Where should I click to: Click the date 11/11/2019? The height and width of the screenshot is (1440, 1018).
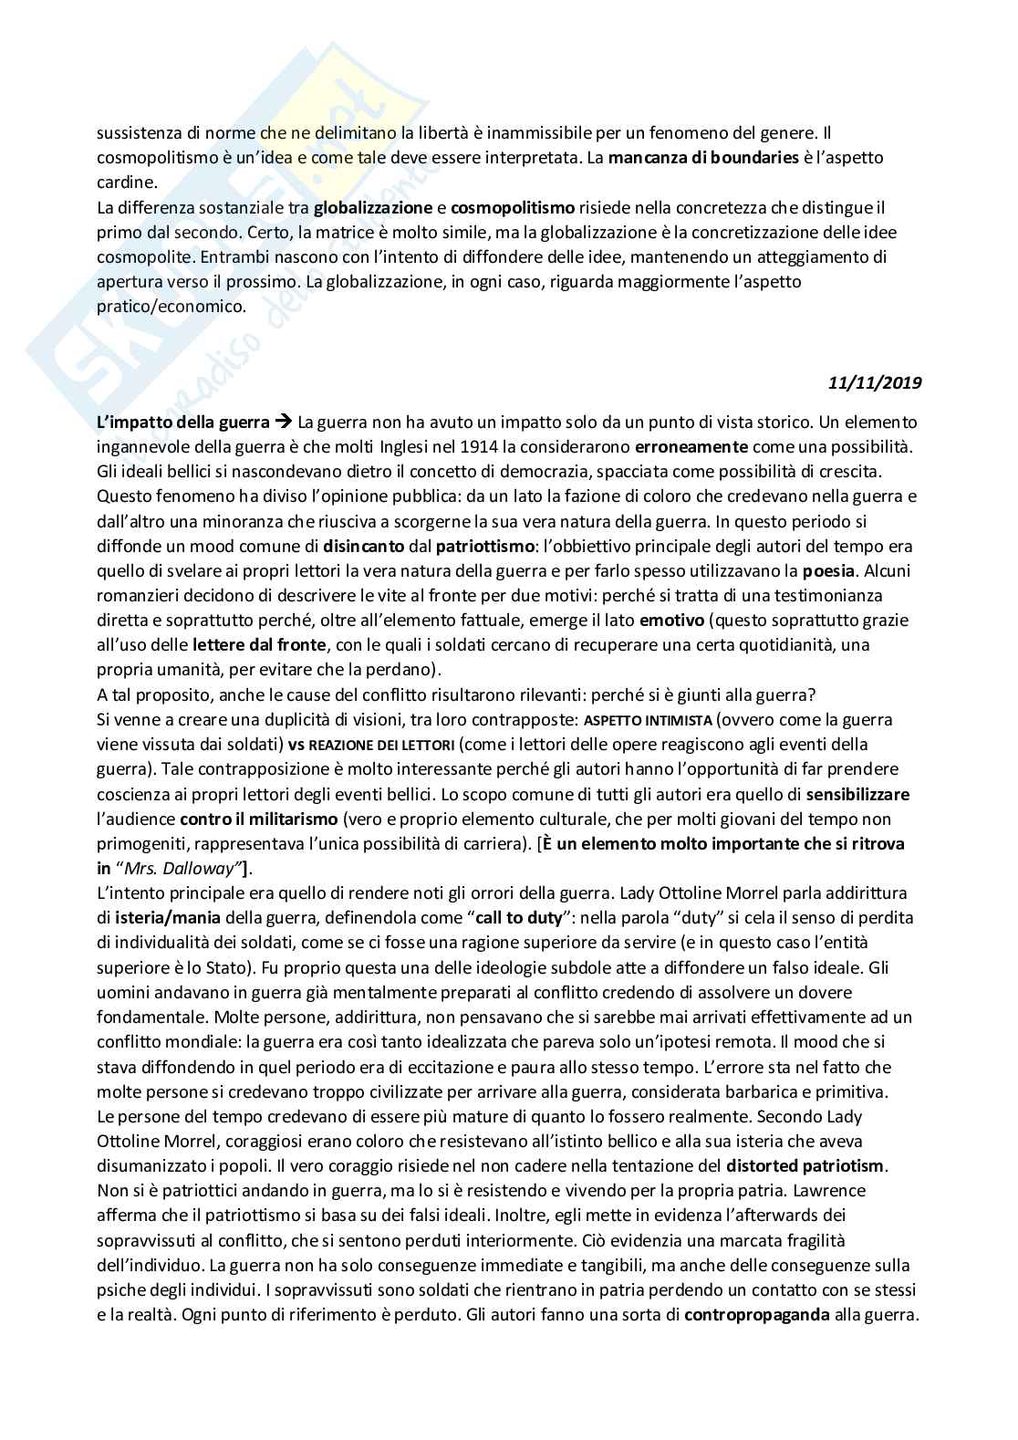[x=875, y=383]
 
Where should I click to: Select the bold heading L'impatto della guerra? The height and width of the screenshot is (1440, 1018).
[x=183, y=423]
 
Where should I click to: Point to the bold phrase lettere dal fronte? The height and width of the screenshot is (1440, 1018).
[x=261, y=645]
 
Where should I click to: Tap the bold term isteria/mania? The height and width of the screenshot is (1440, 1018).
[x=165, y=917]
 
